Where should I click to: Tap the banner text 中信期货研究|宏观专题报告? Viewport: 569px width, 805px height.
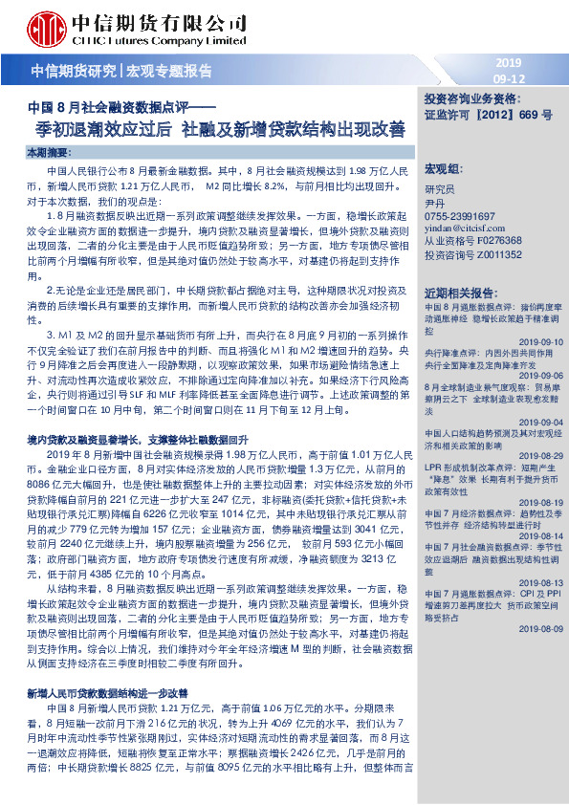122,70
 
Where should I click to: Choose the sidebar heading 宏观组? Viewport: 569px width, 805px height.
442,167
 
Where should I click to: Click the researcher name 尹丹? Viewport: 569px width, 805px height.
435,204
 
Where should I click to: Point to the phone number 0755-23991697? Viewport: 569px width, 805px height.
461,217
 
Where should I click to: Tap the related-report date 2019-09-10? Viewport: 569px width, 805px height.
542,340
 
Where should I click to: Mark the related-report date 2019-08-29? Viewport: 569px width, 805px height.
542,456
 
